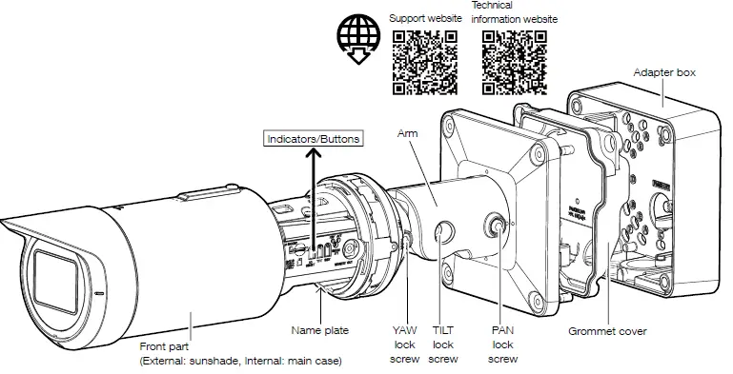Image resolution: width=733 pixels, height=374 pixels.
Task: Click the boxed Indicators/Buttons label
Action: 314,139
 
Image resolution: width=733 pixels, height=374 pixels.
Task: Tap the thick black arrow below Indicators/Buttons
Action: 314,190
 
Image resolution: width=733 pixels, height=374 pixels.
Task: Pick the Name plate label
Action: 319,330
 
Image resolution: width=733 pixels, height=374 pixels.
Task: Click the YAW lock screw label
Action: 404,344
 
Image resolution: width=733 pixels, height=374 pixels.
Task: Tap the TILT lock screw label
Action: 443,344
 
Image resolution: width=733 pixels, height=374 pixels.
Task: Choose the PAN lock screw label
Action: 502,344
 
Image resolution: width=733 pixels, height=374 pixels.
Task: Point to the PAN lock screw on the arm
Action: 498,226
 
